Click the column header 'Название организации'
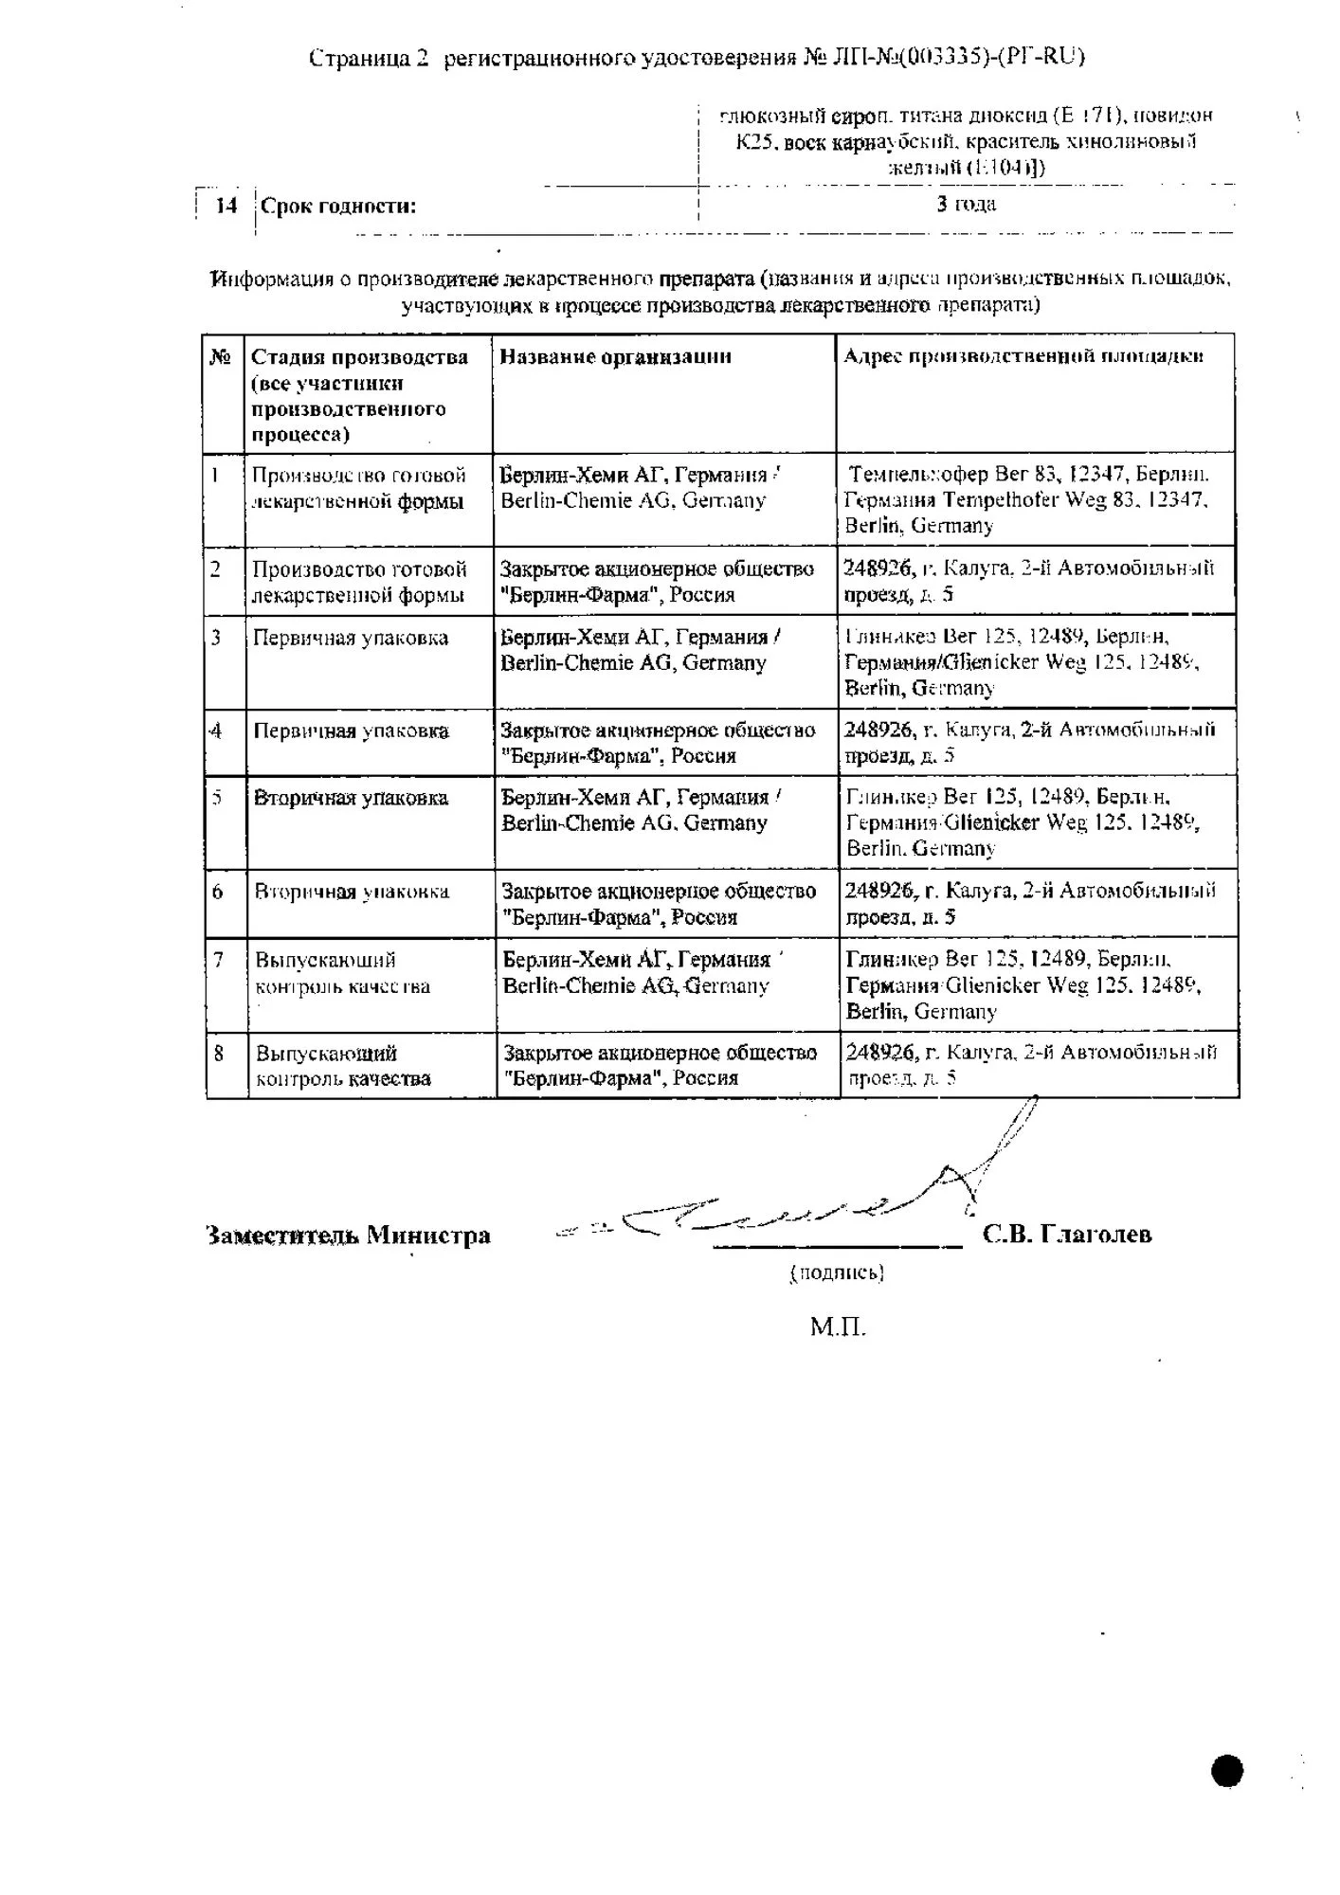(615, 357)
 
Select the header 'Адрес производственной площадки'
(1023, 356)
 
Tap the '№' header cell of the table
(221, 357)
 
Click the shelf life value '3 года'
(966, 204)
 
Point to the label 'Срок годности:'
(338, 207)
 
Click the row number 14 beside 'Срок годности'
(226, 206)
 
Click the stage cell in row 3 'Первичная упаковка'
(351, 639)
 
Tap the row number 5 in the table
(217, 798)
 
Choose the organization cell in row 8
(660, 1065)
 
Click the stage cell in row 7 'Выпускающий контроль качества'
(342, 973)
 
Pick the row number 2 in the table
(216, 569)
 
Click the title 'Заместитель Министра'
(348, 1236)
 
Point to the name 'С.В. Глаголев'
(1067, 1235)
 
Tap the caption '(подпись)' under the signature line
(837, 1273)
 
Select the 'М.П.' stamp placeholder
(838, 1326)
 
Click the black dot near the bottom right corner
(1227, 1770)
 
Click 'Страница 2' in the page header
(370, 58)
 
